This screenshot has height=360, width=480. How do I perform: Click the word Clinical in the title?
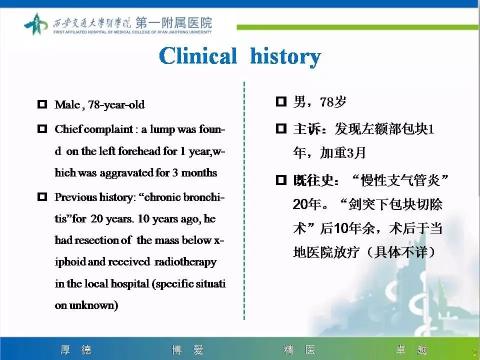pos(198,56)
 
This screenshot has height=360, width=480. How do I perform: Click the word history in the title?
pos(285,56)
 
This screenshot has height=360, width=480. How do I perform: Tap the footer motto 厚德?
pos(76,350)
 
